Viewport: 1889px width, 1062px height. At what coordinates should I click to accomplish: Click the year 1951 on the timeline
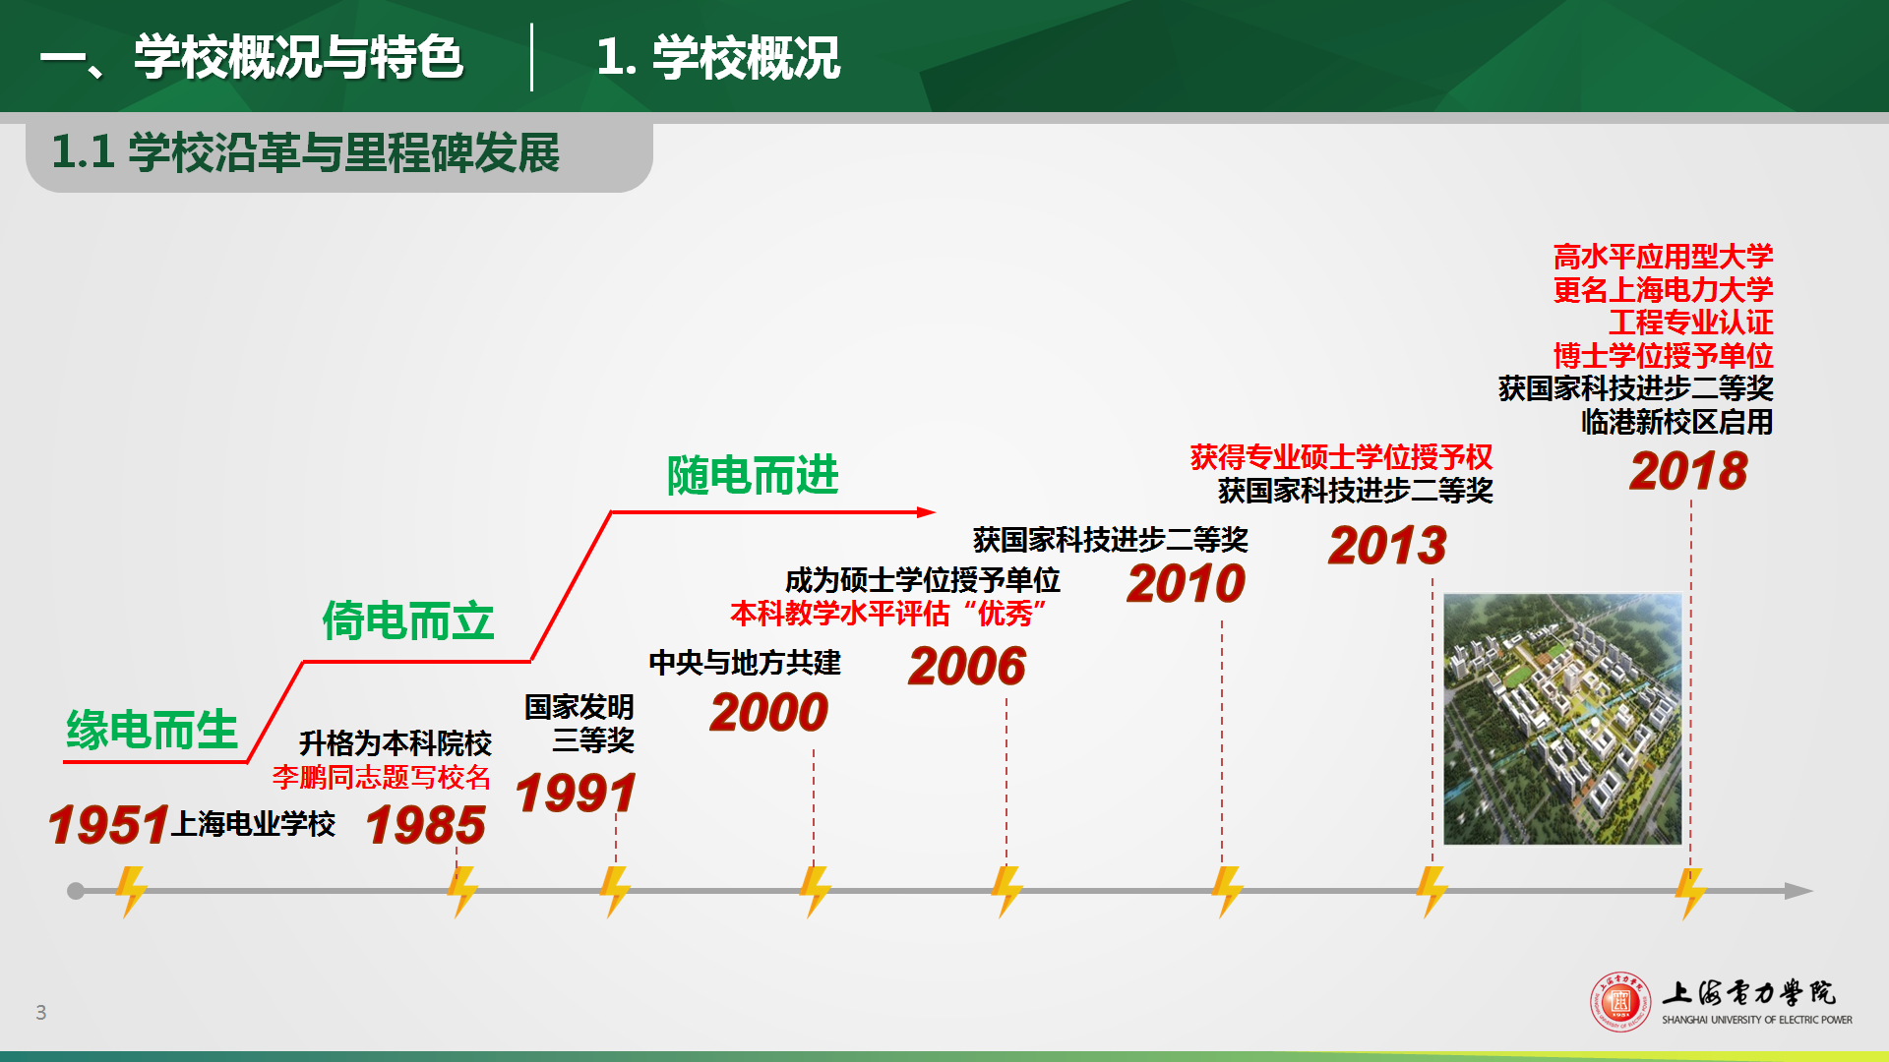[109, 824]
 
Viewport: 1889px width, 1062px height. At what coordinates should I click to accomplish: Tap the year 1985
[426, 824]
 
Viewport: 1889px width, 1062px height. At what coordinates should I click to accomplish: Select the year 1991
[577, 793]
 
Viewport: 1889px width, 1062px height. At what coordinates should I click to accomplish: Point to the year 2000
[769, 712]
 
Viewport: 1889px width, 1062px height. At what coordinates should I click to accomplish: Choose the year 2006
[967, 666]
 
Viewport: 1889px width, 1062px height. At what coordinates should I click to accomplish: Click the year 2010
[1187, 583]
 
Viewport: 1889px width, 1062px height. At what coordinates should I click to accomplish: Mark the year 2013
[1387, 545]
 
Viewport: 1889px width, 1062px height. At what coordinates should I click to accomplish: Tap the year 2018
[1688, 470]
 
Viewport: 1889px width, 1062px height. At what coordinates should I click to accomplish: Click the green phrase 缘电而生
[152, 730]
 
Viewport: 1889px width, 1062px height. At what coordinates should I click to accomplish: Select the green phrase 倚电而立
[408, 621]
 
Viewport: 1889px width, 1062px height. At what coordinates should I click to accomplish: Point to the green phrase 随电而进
[753, 476]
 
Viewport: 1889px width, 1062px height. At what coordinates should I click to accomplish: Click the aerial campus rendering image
[1562, 719]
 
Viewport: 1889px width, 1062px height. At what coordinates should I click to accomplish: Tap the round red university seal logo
[1620, 1002]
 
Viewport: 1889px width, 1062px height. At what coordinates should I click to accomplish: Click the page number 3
[41, 1012]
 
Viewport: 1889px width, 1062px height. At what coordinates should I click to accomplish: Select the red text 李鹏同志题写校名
[382, 777]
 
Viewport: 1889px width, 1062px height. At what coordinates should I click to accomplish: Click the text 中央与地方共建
[745, 663]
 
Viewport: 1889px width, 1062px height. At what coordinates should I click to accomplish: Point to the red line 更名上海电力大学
[1663, 289]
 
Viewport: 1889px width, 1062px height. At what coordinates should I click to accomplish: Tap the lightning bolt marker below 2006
[1006, 891]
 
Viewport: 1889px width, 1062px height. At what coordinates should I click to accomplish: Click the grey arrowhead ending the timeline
[1798, 891]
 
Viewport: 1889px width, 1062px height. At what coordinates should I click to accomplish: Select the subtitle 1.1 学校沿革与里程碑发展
[305, 152]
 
